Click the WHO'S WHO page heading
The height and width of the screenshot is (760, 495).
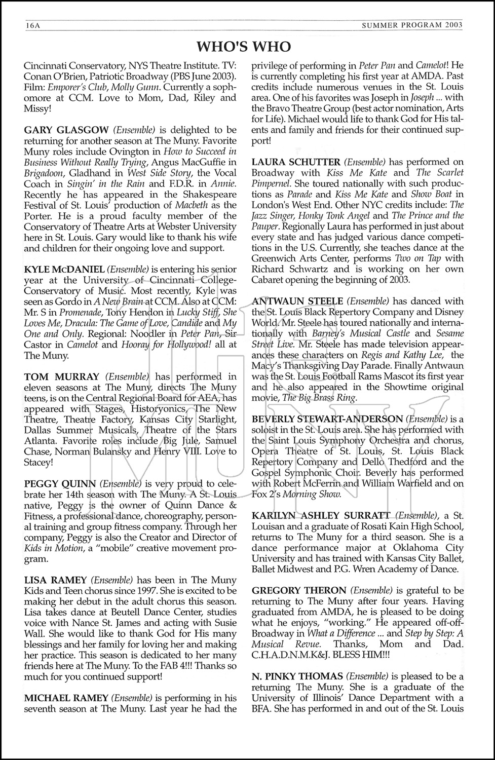click(x=244, y=47)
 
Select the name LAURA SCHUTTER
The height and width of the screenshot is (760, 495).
click(x=296, y=162)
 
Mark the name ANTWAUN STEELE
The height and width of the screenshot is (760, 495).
click(x=297, y=301)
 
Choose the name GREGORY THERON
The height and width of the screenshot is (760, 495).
click(x=299, y=591)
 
